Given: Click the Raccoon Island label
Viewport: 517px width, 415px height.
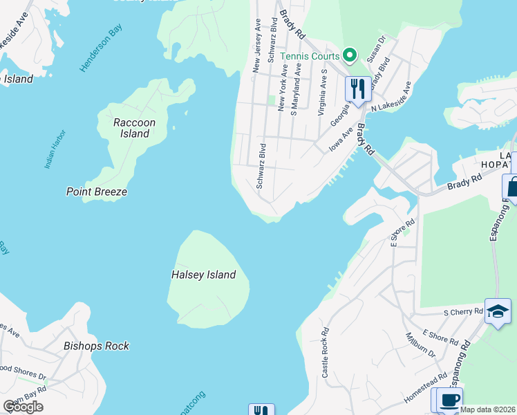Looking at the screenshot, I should (x=134, y=128).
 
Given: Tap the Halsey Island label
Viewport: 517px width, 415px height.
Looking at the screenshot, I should (x=203, y=275).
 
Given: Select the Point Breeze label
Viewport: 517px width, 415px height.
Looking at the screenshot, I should (x=96, y=192).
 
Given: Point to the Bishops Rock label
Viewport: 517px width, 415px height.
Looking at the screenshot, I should (x=96, y=346).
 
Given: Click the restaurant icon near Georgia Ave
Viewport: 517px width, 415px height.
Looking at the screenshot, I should (x=357, y=89).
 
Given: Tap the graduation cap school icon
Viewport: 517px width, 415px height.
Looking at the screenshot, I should (x=498, y=311).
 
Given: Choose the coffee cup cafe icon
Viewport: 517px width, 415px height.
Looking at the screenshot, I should (x=449, y=400).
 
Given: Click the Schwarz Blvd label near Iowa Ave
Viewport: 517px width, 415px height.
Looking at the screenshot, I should (x=261, y=166).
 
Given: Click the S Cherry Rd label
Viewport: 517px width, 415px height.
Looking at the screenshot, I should (x=463, y=313).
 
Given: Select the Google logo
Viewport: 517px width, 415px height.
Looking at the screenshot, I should (x=23, y=406).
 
